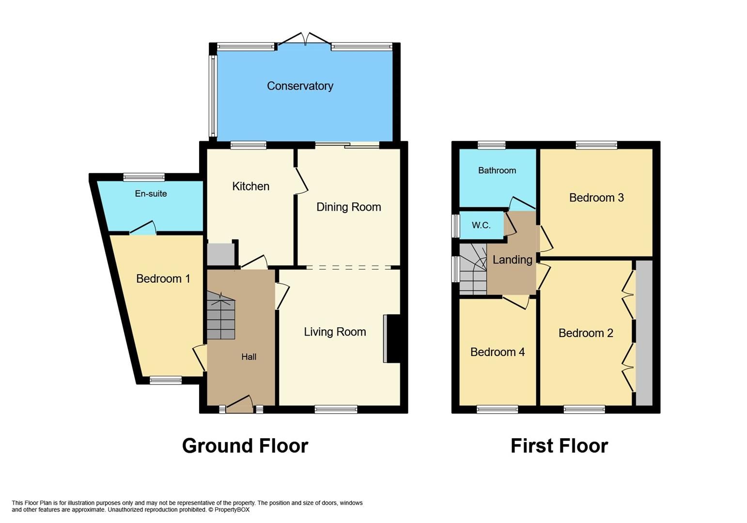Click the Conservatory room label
(300, 86)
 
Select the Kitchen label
(250, 186)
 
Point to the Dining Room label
(348, 207)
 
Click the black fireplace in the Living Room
(393, 338)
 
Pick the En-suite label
(151, 194)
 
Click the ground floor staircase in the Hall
(221, 316)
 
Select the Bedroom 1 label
(163, 279)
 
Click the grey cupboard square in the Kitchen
(220, 254)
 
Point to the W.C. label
(481, 225)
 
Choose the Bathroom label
(497, 170)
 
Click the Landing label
(512, 260)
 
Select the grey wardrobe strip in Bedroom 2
(644, 333)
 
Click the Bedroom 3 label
(596, 198)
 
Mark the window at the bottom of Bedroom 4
(497, 410)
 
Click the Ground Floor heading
(245, 446)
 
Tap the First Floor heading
(559, 446)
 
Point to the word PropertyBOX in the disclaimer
(232, 510)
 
